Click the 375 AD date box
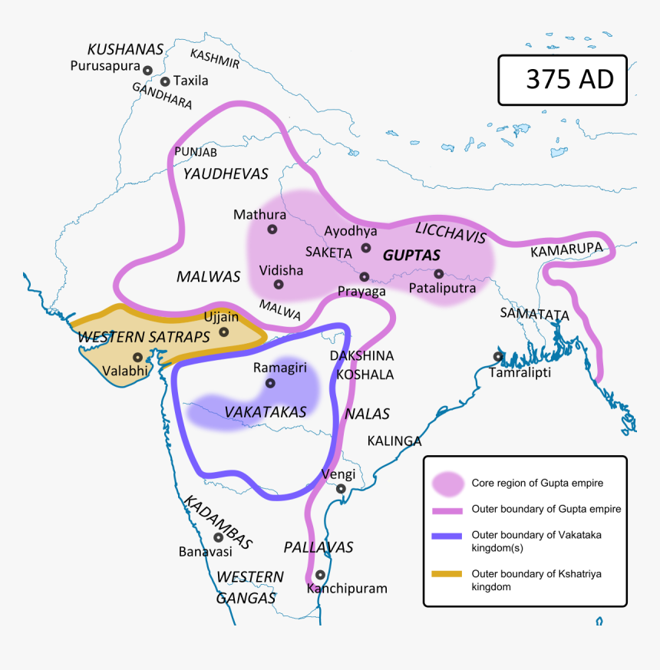[569, 79]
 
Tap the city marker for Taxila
[164, 81]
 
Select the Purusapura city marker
[147, 69]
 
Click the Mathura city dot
[272, 229]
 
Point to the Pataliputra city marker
[439, 273]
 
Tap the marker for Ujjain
[223, 332]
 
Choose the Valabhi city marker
[137, 357]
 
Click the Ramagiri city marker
[269, 383]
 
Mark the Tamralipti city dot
[498, 356]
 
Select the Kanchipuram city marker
[320, 574]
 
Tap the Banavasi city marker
[218, 537]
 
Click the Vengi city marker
[341, 488]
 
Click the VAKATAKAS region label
[266, 412]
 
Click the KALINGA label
[394, 441]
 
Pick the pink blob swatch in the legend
[447, 484]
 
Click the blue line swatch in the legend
[447, 536]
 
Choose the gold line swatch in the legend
[447, 574]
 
